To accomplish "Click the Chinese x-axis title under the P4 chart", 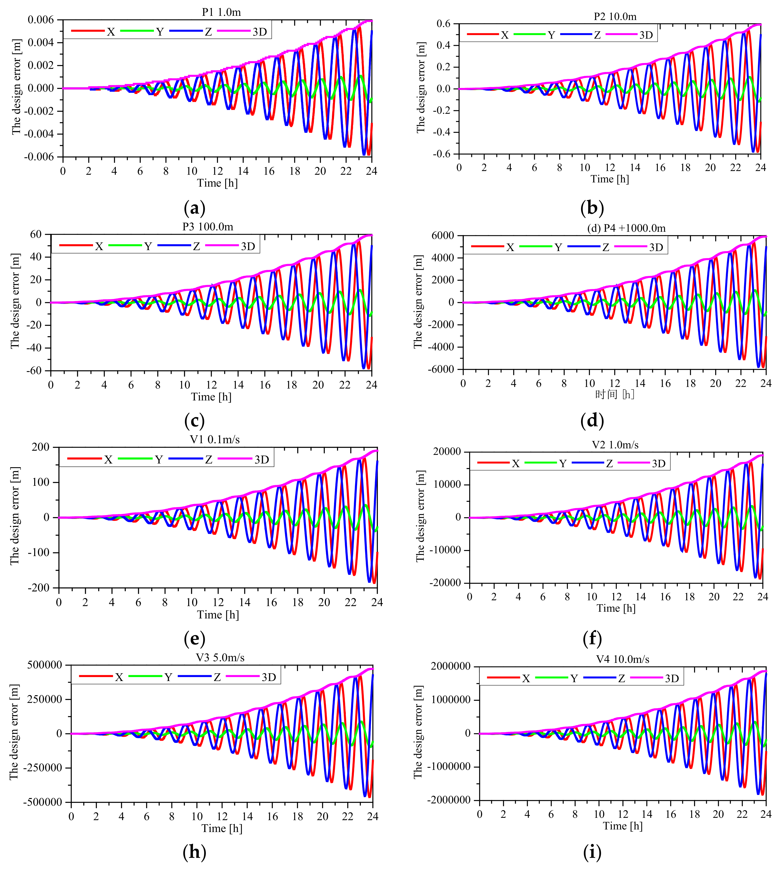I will point(614,394).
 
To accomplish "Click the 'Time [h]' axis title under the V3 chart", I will point(222,828).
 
